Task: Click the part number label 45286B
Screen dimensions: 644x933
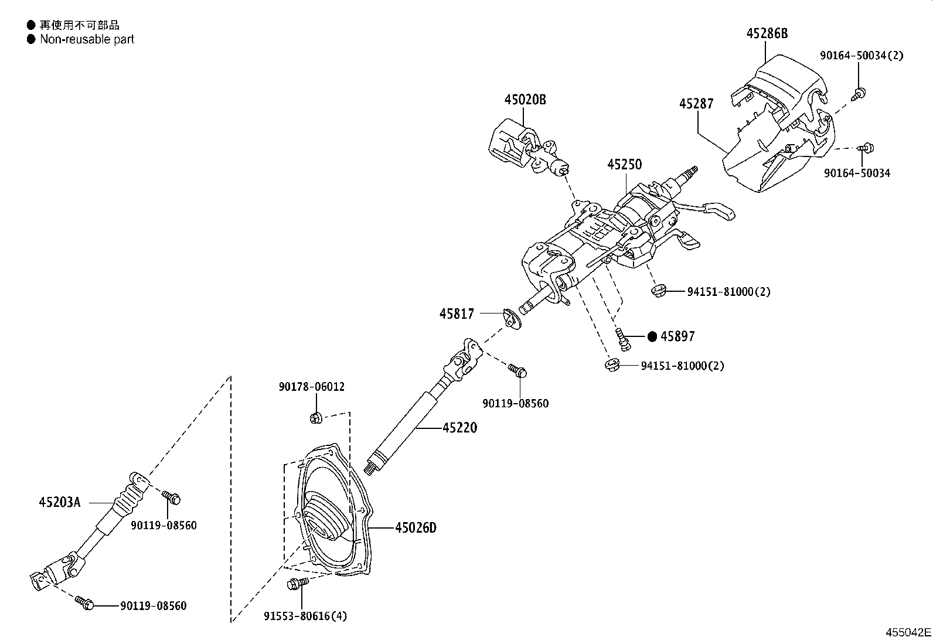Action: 767,33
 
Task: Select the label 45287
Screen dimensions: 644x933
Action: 696,104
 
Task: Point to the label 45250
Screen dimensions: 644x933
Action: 624,165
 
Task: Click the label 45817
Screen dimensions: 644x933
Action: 457,314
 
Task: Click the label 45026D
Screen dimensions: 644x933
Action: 416,528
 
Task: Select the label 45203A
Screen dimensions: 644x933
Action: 59,502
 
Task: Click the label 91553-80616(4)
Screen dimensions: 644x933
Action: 305,616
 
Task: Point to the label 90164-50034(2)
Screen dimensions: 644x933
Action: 861,56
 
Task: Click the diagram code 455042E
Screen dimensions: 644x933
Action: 908,633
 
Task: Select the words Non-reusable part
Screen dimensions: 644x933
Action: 87,39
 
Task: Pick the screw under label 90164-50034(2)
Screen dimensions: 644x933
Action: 860,92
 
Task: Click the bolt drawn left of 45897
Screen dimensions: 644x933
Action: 622,339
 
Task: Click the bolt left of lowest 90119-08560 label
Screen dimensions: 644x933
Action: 84,602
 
